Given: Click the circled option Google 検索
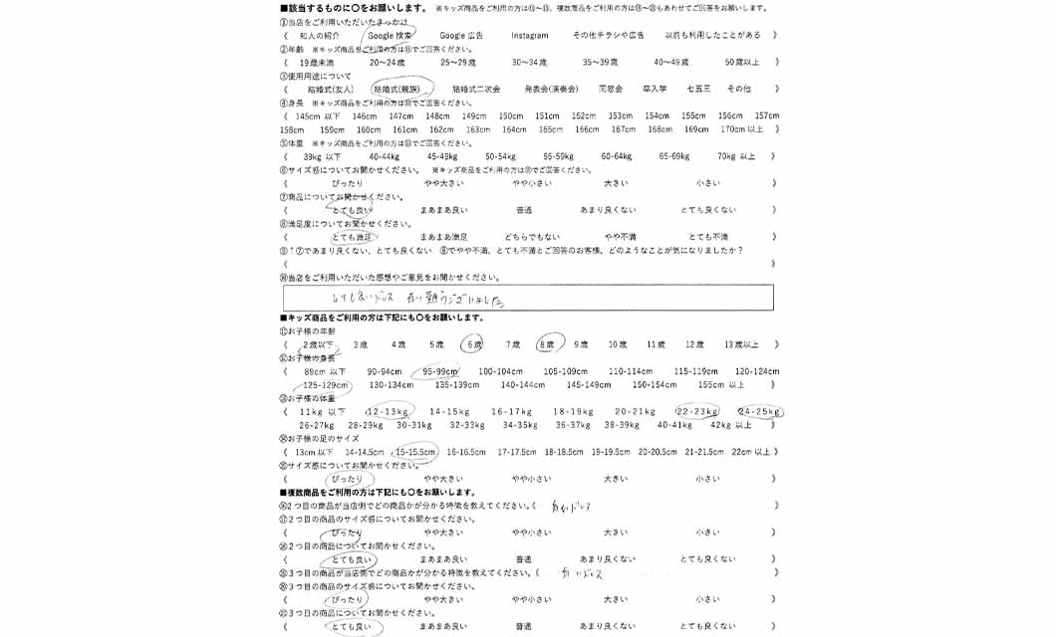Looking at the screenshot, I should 390,35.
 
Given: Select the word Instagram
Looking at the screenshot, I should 530,35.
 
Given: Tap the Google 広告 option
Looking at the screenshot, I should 461,35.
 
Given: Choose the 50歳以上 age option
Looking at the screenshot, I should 742,62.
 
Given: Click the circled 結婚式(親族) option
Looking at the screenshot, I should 396,89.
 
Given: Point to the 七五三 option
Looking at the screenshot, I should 698,89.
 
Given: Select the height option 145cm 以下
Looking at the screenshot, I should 318,115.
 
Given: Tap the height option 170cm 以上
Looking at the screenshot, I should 742,129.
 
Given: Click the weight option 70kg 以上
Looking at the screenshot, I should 736,156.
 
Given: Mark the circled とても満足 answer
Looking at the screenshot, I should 352,237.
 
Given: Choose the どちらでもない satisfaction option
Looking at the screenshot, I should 532,237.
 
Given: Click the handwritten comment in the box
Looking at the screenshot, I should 418,297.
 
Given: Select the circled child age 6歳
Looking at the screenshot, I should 472,344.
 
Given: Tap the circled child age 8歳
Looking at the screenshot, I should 546,344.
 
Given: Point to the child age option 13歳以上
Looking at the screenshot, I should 741,344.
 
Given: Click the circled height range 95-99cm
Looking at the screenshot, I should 440,371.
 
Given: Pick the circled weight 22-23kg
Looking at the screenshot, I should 697,411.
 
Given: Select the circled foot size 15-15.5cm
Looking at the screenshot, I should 415,452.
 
